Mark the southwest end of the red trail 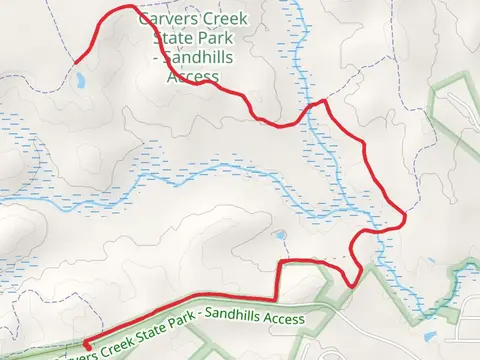[85, 342]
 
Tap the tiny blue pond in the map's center [280, 235]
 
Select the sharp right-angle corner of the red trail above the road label [278, 263]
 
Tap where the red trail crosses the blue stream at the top [313, 104]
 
